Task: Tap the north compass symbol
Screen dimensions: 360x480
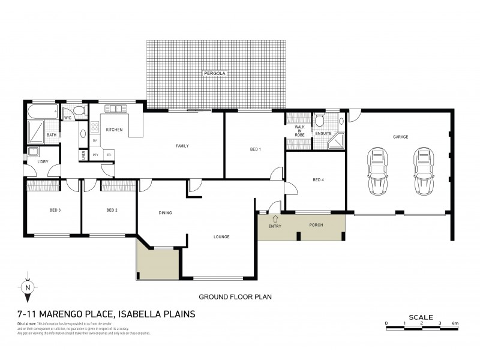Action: click(x=28, y=287)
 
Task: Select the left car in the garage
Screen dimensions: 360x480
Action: click(x=378, y=172)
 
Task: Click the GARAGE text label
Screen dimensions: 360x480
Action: click(x=400, y=137)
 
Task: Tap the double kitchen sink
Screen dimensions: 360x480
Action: click(x=115, y=109)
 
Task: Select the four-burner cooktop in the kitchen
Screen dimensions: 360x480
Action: click(x=94, y=127)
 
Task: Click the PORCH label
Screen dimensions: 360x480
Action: click(x=316, y=225)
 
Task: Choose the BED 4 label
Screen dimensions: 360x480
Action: click(x=318, y=179)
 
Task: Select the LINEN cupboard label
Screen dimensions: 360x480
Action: click(x=83, y=154)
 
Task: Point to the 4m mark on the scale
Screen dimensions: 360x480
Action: click(x=456, y=323)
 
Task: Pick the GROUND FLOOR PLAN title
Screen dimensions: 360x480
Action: click(x=235, y=296)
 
